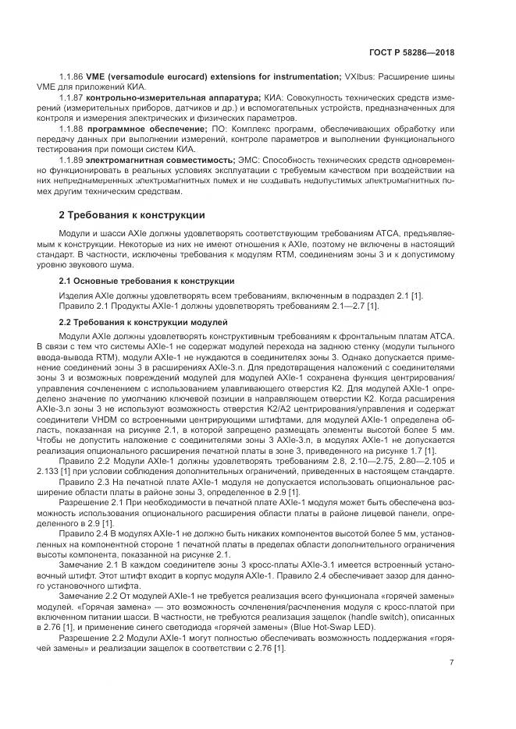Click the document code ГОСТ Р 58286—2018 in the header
(411, 52)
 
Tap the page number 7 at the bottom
(452, 663)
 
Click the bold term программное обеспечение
(148, 128)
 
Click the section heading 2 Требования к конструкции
(132, 214)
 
